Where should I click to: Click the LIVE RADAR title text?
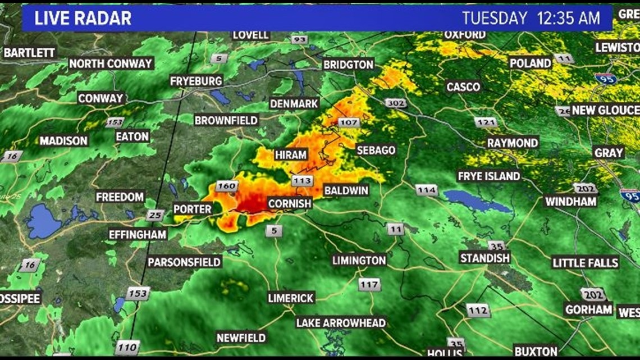pos(83,18)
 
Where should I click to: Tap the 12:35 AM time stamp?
pos(568,18)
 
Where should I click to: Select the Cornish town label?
pos(289,203)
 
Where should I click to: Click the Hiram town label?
pos(291,155)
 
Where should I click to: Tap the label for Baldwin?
pos(346,190)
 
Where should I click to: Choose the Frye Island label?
pos(489,176)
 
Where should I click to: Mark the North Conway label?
pos(111,63)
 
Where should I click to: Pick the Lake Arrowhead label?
pos(341,322)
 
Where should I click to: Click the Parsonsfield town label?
pos(185,262)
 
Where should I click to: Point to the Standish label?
pos(485,258)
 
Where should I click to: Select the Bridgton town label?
pos(348,65)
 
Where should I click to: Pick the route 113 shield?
pos(301,180)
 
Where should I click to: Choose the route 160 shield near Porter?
pos(227,186)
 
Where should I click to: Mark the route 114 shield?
pos(427,190)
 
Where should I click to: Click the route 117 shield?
pos(369,285)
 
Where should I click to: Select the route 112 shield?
pos(478,309)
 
